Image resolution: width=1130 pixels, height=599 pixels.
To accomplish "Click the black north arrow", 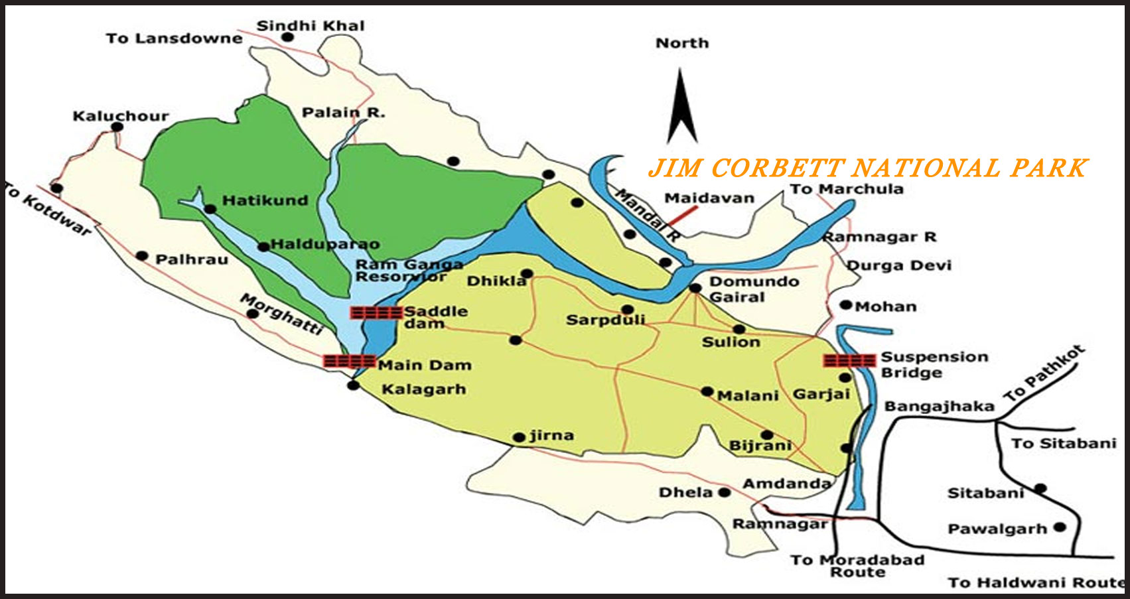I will (681, 109).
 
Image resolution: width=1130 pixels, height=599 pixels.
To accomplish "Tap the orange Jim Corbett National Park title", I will (868, 168).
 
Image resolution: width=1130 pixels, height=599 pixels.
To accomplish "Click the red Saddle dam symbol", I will (376, 312).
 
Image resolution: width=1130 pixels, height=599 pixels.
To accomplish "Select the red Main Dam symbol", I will (349, 362).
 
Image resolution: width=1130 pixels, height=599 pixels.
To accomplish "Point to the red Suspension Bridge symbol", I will (849, 360).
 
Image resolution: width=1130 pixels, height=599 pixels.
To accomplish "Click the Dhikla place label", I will (496, 281).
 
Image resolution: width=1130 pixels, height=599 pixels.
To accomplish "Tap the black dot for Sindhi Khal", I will (287, 37).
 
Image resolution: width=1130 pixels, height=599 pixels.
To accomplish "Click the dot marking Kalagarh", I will (353, 385).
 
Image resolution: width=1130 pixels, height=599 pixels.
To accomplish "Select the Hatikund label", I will (265, 200).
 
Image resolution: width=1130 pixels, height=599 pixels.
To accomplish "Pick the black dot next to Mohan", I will (845, 305).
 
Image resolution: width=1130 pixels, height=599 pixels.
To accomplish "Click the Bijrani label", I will (760, 446).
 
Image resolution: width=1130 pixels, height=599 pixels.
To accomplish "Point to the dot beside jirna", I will (519, 437).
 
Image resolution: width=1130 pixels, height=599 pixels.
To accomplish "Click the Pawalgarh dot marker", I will (1060, 527).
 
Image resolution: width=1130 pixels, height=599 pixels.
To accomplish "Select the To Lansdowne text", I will (174, 38).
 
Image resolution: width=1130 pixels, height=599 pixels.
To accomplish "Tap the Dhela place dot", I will (724, 492).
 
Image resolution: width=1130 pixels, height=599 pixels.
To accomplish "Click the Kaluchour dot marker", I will (117, 127).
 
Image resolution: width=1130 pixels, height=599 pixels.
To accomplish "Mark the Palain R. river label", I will (343, 112).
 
